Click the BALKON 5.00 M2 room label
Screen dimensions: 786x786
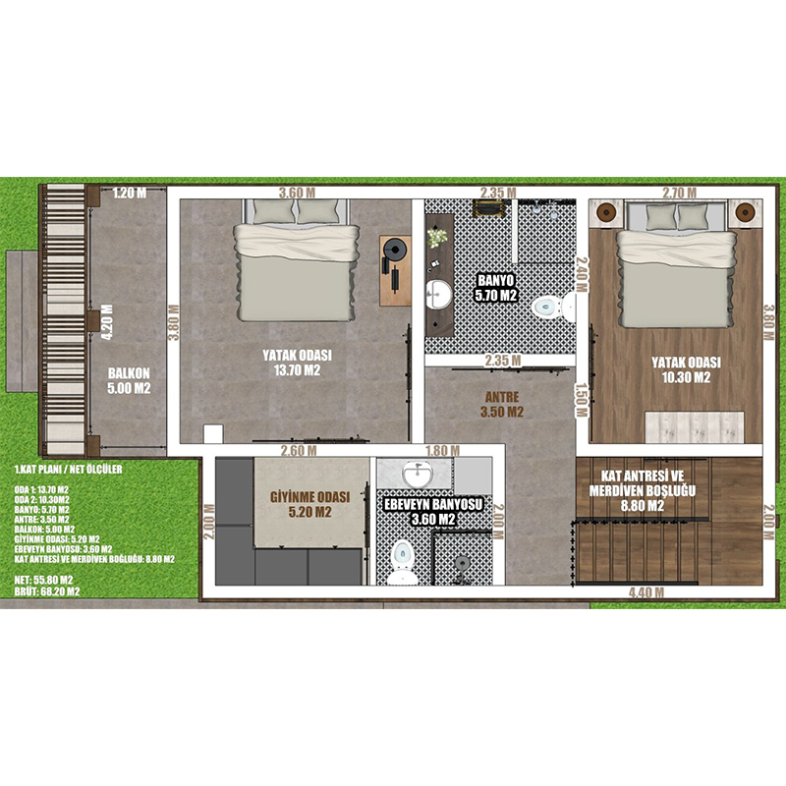click(x=129, y=381)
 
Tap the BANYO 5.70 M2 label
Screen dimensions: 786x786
click(x=496, y=288)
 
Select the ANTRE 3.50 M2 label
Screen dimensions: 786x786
click(x=502, y=405)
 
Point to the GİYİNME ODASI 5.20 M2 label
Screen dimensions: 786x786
click(x=309, y=504)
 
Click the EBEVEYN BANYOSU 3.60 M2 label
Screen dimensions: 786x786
click(x=433, y=512)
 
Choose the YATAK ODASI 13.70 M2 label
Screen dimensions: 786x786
click(x=297, y=363)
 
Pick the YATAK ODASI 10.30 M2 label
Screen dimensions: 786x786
click(x=686, y=370)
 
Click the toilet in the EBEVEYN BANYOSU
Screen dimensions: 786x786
click(x=402, y=561)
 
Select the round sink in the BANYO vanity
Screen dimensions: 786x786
click(x=438, y=295)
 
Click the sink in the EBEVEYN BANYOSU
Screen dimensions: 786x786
click(x=417, y=474)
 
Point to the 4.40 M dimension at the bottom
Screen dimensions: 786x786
click(x=646, y=592)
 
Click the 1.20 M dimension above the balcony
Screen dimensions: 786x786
click(x=130, y=193)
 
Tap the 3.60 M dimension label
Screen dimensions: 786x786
click(x=298, y=193)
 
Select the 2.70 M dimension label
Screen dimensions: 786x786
click(x=679, y=193)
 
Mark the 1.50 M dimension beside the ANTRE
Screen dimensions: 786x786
click(x=581, y=400)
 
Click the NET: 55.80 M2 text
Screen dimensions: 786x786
click(x=43, y=581)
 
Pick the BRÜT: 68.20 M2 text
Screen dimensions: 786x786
click(x=46, y=591)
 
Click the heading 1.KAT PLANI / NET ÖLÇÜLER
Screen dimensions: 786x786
click(x=68, y=470)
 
